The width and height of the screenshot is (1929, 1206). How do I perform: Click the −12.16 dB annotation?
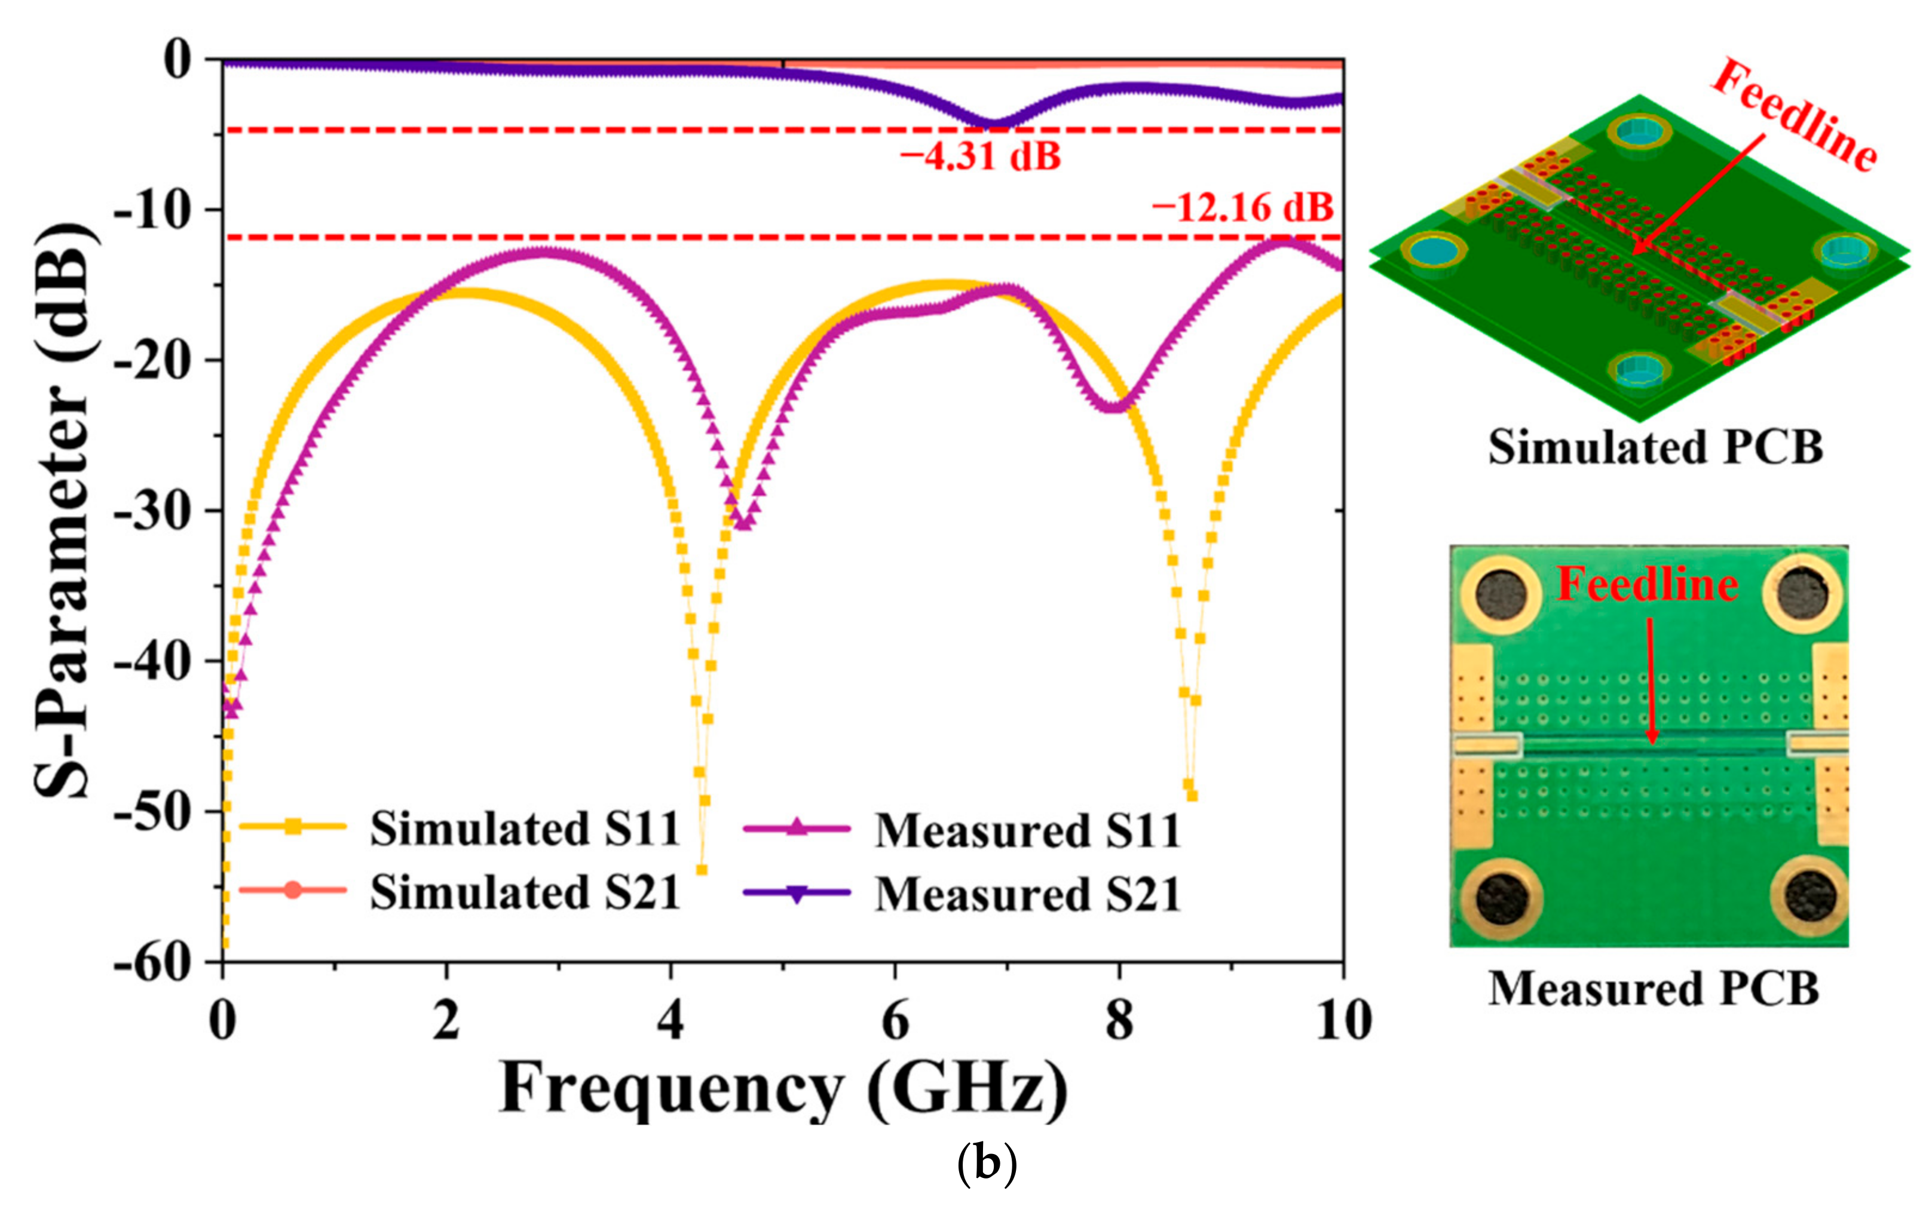click(1242, 208)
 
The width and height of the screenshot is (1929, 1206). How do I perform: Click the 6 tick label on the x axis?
click(895, 1020)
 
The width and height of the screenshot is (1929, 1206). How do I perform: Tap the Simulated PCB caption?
click(1655, 447)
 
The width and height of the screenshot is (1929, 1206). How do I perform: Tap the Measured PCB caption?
click(1653, 989)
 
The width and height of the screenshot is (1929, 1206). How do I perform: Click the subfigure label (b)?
click(986, 1165)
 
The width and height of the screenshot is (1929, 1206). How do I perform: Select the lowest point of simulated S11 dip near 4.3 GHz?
click(701, 869)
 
